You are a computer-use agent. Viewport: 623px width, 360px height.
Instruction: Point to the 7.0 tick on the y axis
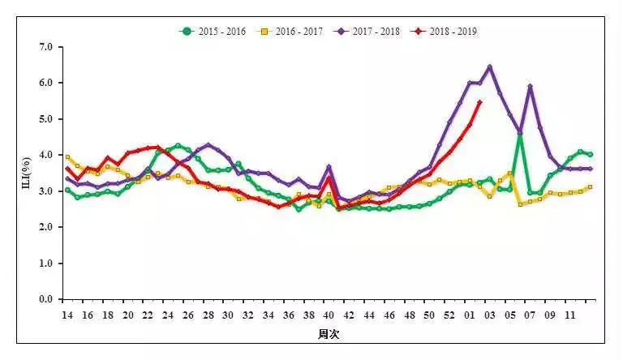[x=44, y=47]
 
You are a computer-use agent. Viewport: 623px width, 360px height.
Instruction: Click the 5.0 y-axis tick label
[x=44, y=119]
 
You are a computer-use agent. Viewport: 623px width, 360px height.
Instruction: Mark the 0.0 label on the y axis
[x=44, y=299]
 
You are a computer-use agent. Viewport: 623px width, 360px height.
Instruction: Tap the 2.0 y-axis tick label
[x=44, y=227]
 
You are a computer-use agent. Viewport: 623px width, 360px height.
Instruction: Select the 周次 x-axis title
[x=329, y=334]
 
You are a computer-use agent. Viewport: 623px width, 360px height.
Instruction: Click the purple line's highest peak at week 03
[x=490, y=67]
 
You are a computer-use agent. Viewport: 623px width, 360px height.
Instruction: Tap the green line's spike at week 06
[x=520, y=135]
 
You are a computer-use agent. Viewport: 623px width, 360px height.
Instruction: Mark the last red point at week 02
[x=479, y=102]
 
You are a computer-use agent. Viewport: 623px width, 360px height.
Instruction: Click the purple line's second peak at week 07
[x=530, y=87]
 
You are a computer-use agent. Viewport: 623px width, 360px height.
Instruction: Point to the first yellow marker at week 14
[x=67, y=157]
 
